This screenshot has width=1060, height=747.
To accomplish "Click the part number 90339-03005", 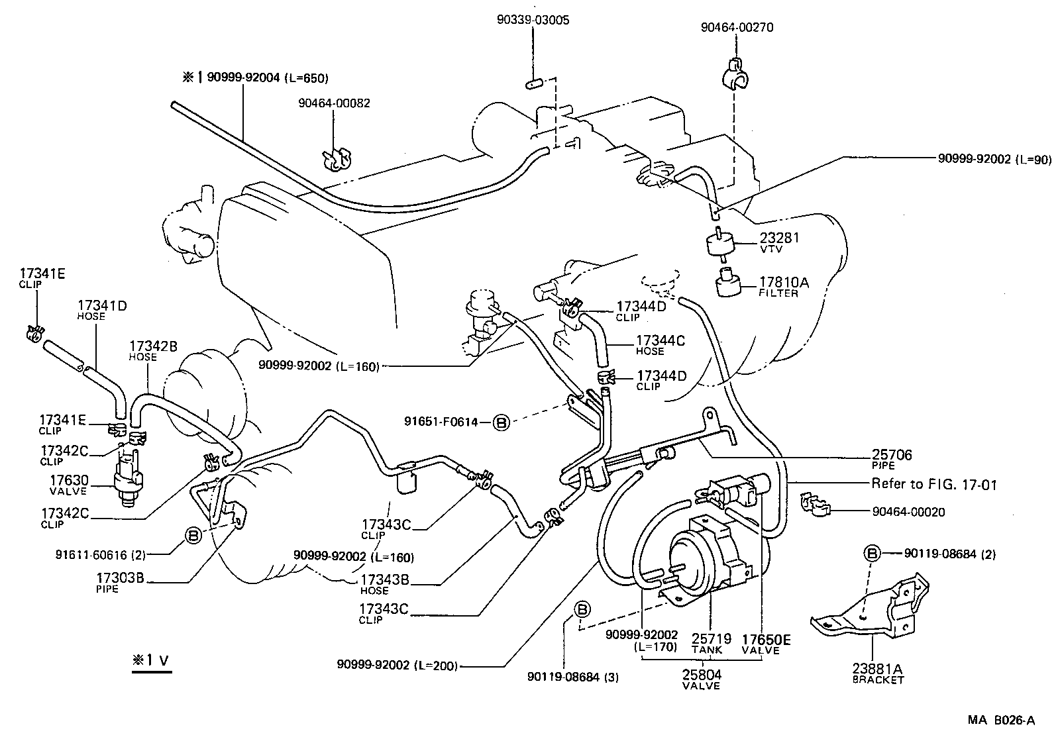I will point(533,21).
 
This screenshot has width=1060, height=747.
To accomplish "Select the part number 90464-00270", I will point(737,28).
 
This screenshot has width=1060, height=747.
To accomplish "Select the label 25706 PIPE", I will point(891,458).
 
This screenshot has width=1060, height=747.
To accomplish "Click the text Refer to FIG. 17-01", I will point(933,484).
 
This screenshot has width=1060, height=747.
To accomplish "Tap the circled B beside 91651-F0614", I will point(502,421).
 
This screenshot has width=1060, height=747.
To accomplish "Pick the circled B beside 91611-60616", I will point(192,535).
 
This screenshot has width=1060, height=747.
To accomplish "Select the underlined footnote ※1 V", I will point(151,660).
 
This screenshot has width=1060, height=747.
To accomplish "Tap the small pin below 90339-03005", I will point(534,84).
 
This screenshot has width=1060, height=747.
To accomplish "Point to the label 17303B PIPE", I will point(120,581).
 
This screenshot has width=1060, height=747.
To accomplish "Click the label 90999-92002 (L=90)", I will point(994,160).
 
